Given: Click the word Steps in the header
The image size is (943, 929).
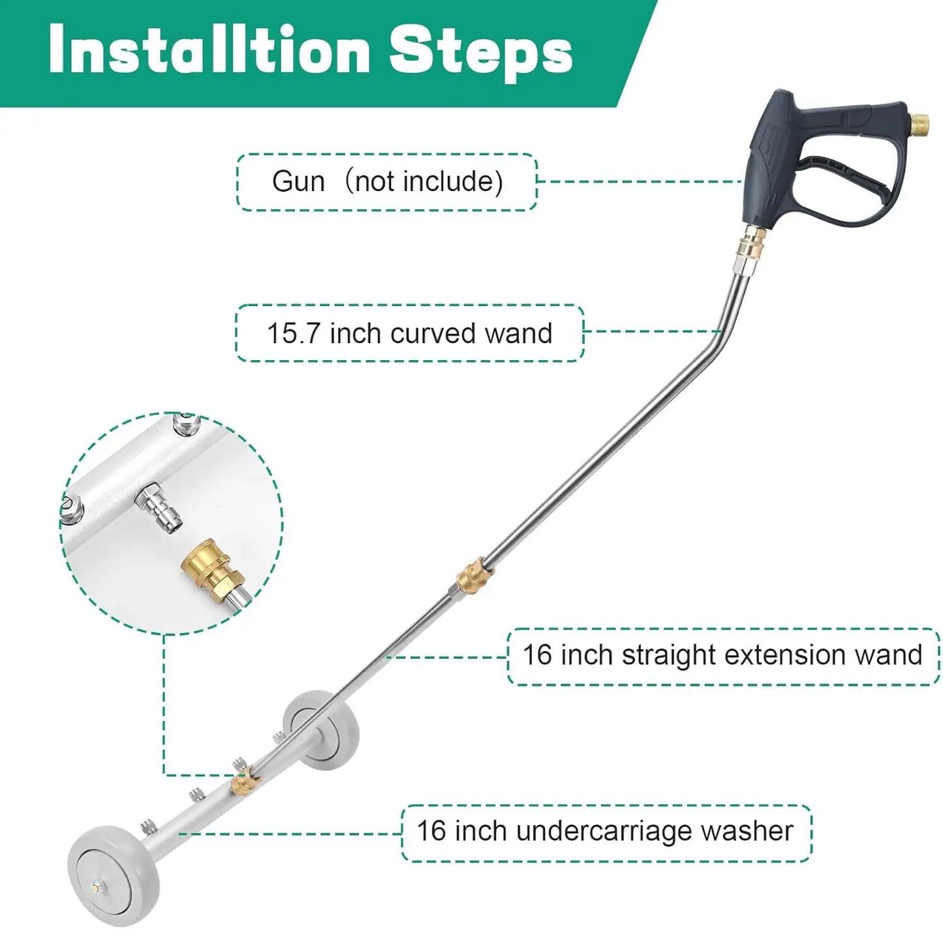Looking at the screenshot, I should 481,51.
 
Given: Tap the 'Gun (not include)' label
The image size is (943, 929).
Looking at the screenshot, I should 387,182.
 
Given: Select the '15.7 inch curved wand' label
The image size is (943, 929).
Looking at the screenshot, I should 409,333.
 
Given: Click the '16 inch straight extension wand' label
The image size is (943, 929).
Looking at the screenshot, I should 722,655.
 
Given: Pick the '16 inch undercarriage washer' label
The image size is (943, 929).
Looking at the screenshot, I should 605,832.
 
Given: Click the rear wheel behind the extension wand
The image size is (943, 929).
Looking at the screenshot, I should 315,725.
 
